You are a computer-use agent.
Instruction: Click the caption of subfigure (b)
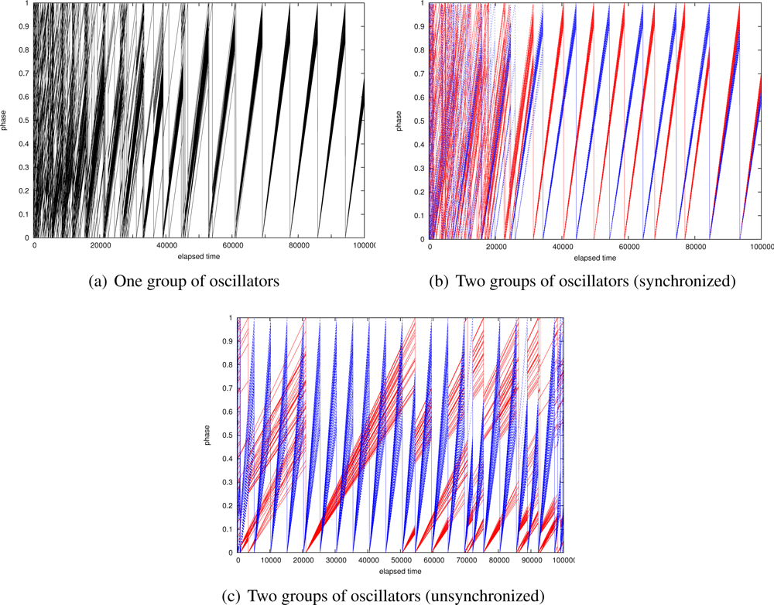581,282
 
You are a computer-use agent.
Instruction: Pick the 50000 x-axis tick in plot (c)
401,561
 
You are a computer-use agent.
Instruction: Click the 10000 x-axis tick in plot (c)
271,561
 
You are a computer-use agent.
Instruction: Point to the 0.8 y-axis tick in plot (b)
421,50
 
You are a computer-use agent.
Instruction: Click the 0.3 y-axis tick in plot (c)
229,482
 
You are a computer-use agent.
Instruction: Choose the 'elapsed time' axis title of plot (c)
401,571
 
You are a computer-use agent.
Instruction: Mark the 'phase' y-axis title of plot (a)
7,121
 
